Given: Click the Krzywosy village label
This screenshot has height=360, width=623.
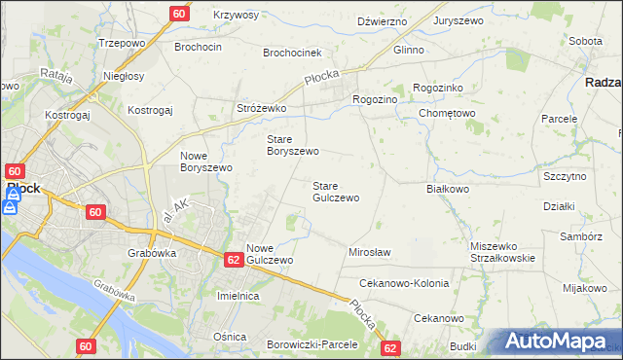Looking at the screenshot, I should pos(235,16).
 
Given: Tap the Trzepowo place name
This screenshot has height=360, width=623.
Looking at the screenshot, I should pos(122,44).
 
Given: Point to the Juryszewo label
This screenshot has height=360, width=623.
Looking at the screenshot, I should pos(459,19).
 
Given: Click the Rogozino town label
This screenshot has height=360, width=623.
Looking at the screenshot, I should pos(375,98).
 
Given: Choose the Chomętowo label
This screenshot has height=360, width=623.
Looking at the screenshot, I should pos(446,113).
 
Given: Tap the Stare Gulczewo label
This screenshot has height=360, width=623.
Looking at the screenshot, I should pos(336,191).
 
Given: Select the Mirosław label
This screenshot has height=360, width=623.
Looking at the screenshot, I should pos(369,252).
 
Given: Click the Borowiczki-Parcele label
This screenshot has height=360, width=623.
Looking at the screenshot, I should pos(312,344).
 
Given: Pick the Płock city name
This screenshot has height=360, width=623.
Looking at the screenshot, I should pos(23,188).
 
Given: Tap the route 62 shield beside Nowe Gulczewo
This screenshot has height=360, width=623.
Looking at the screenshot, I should pos(233,260).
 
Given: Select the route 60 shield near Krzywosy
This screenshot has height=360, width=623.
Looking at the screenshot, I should pos(179,14).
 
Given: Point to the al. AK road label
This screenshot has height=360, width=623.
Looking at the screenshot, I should pos(178,209).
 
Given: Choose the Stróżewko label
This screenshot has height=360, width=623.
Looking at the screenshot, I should pos(261,108).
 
